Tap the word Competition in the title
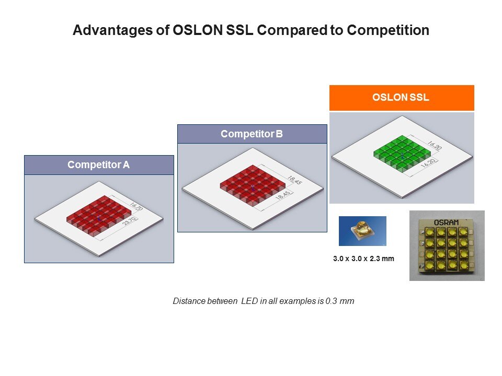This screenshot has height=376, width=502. tap(388, 31)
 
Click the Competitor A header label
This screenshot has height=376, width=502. tap(99, 165)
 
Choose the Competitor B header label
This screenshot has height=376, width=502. tap(252, 134)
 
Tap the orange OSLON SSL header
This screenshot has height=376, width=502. tap(402, 98)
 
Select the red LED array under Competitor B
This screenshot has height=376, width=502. tap(252, 186)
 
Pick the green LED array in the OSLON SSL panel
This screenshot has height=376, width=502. tap(402, 153)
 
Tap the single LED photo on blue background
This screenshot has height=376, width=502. tap(362, 231)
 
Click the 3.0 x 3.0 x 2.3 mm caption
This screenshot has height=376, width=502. tap(363, 258)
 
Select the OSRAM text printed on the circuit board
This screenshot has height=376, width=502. tap(447, 222)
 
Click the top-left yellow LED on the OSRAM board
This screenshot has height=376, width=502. tap(430, 231)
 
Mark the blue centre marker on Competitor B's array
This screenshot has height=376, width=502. tap(253, 187)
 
